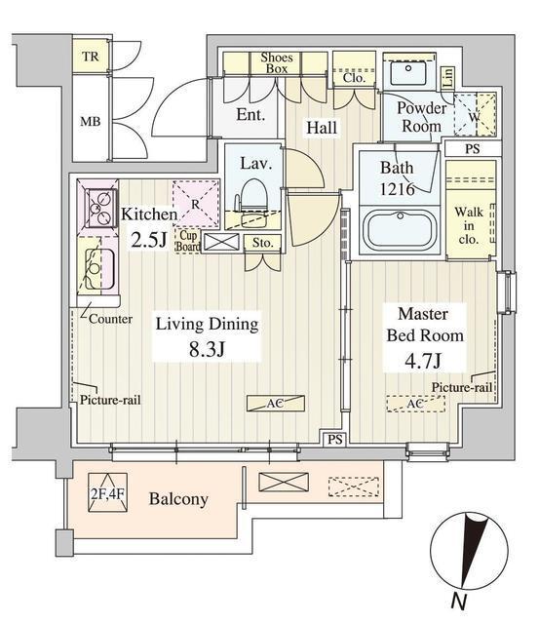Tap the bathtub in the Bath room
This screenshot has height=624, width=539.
[x=400, y=230]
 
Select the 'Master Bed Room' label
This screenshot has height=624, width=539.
[x=425, y=325]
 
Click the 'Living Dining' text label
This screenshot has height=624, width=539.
[x=207, y=324]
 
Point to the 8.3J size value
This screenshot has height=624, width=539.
[x=207, y=349]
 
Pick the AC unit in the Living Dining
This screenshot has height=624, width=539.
[x=275, y=403]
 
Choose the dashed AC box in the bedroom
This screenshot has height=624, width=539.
[x=415, y=404]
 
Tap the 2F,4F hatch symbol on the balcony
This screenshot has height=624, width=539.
[x=108, y=492]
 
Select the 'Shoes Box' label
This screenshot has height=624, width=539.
[x=277, y=62]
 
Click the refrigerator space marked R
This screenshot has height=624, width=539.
[x=196, y=204]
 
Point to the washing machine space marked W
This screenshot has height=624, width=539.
[x=475, y=116]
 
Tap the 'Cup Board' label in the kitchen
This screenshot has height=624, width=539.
[x=188, y=241]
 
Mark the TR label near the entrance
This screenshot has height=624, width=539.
[x=91, y=57]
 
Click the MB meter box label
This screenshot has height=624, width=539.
[x=91, y=121]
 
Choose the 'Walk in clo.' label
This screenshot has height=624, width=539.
[x=469, y=225]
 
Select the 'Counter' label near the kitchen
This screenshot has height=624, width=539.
[x=110, y=319]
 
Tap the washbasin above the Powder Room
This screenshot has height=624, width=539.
[x=408, y=72]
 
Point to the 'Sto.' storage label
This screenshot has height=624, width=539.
[x=262, y=243]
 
